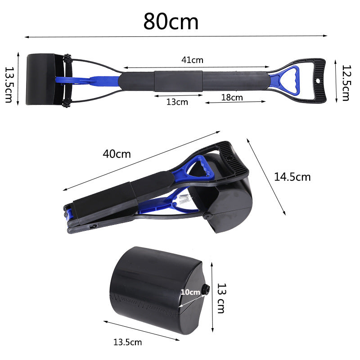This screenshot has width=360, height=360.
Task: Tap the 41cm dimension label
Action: tap(193, 60)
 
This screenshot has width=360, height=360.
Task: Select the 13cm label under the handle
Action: tap(177, 102)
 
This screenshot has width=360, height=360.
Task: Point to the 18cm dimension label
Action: tap(232, 97)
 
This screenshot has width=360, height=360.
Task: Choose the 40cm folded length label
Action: tap(117, 154)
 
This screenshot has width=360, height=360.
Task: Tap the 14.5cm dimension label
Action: tap(292, 177)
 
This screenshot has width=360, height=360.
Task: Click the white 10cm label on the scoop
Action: tap(190, 292)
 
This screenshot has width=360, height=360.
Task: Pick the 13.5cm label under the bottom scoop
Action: tap(127, 342)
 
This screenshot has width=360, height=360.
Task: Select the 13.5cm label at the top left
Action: tap(9, 85)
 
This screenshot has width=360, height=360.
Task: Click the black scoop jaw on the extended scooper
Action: tap(44, 80)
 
